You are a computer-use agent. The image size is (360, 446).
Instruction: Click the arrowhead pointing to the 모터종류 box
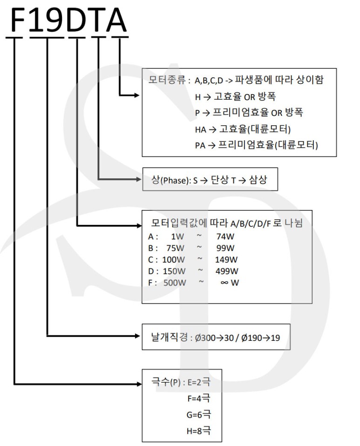(x=136, y=95)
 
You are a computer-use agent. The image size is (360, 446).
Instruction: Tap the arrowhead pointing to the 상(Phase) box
(x=138, y=179)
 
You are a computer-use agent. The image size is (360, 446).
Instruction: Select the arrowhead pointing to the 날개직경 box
(x=136, y=336)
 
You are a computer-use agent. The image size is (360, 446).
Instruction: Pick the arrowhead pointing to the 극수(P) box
(x=138, y=384)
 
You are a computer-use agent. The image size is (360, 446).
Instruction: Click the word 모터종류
(x=167, y=80)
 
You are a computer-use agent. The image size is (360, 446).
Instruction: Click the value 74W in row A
(x=225, y=237)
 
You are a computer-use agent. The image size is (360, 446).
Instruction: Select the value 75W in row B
(x=175, y=248)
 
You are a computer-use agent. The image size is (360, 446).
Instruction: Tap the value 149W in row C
(x=226, y=260)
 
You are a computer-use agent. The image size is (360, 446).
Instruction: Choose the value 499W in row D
(x=226, y=271)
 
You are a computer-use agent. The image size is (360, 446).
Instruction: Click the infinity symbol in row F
(x=224, y=283)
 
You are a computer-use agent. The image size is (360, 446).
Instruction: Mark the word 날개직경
(x=170, y=337)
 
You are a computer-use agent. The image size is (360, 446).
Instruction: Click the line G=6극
(x=199, y=414)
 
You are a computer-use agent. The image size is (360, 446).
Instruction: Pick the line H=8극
(x=199, y=431)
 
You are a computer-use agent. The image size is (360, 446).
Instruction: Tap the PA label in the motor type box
(x=200, y=146)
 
